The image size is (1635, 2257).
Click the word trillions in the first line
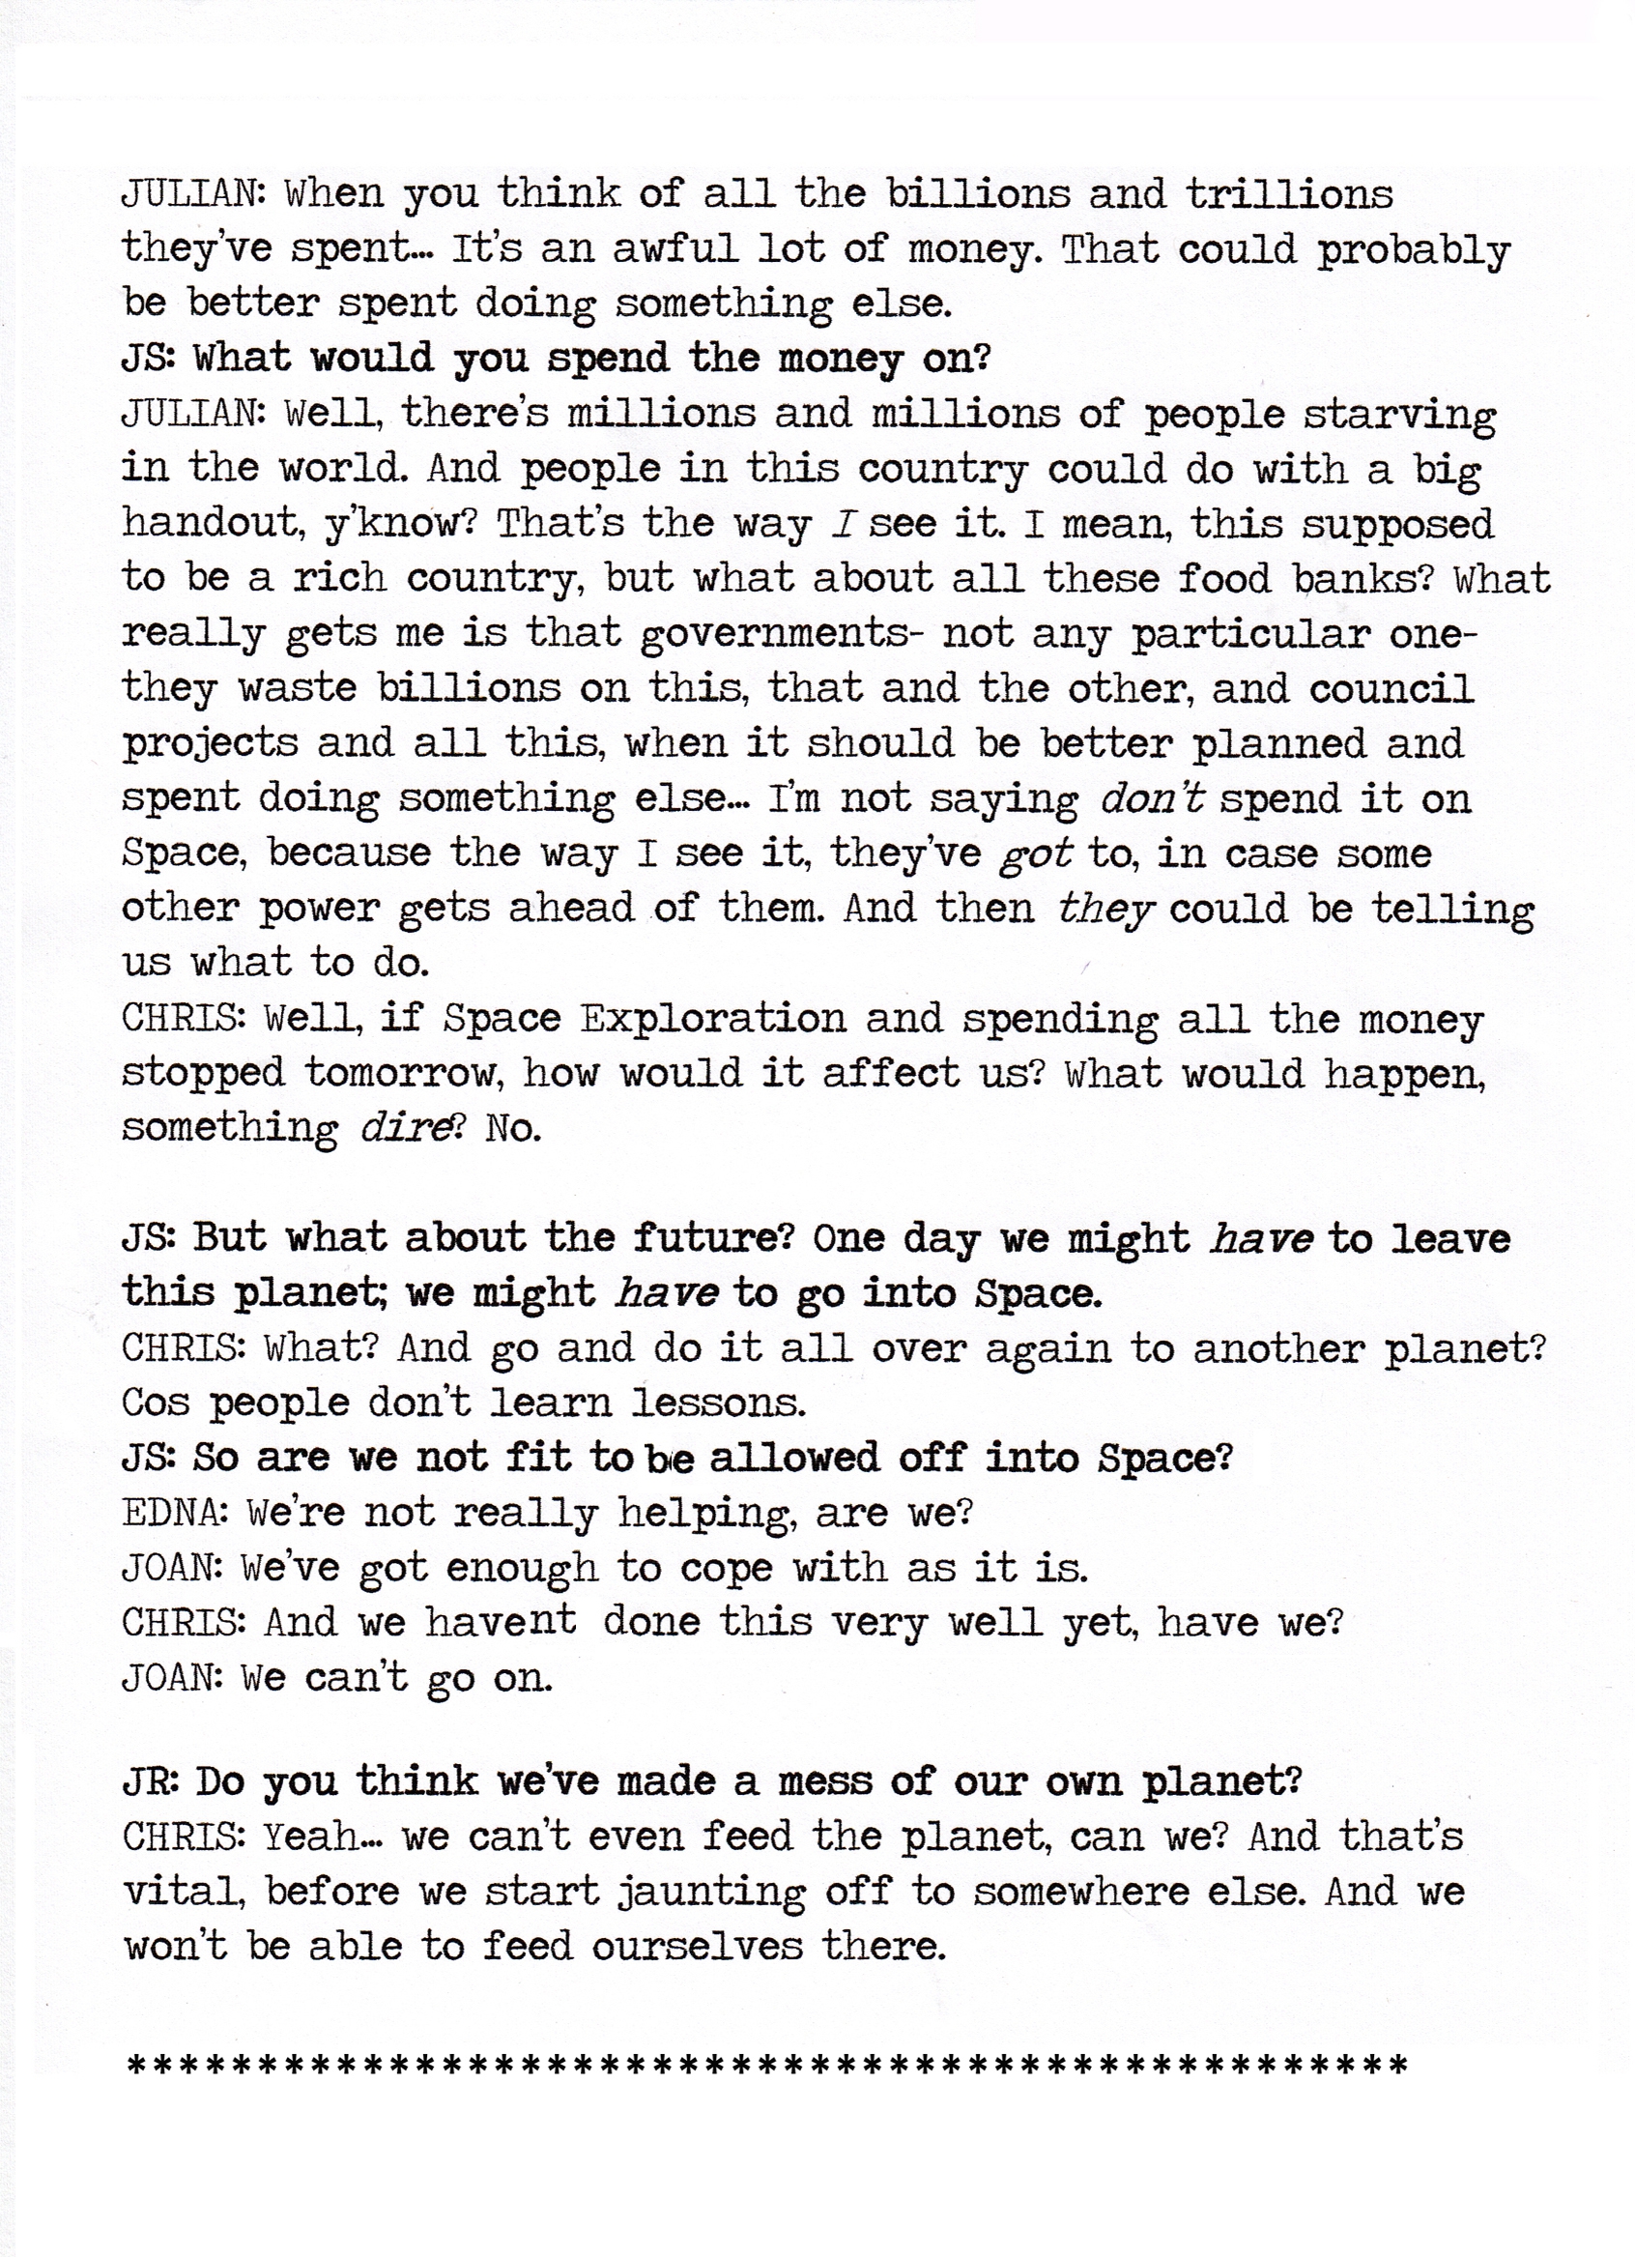coord(1289,193)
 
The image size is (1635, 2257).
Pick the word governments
coord(774,635)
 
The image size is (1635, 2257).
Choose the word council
coord(1391,688)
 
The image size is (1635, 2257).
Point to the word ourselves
coord(696,1946)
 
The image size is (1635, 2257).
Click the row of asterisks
coord(766,2065)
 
